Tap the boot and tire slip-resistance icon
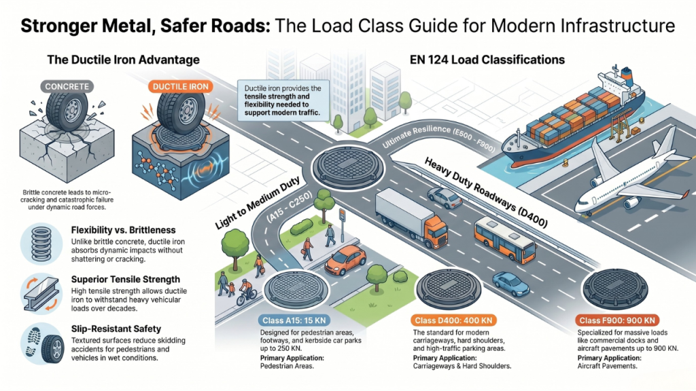(x=43, y=344)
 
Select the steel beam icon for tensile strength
(x=43, y=290)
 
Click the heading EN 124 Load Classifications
(x=487, y=60)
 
